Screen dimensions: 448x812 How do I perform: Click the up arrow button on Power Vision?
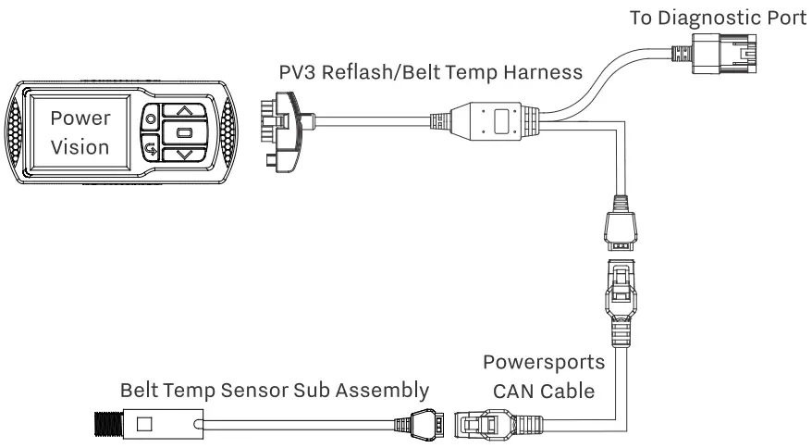[186, 110]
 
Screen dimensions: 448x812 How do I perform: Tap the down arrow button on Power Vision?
[186, 155]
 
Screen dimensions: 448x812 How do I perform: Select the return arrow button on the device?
[150, 145]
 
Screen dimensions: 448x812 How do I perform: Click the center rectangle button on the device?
[185, 132]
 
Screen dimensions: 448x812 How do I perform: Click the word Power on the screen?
[80, 118]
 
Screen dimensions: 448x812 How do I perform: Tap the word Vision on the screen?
[80, 146]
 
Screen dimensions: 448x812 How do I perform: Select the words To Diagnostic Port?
[719, 17]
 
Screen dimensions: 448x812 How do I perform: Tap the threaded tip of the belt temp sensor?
[106, 426]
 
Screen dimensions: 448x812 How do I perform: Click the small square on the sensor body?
[144, 426]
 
